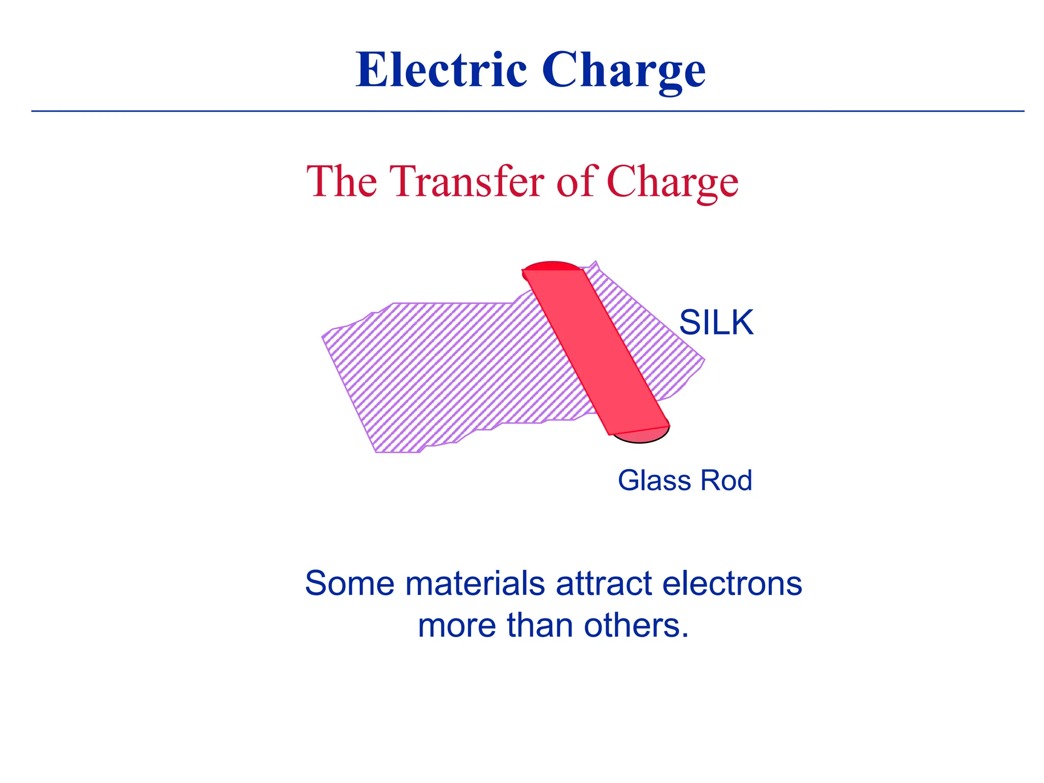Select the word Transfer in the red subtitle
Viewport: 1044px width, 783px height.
(x=467, y=182)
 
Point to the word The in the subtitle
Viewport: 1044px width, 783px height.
(x=342, y=182)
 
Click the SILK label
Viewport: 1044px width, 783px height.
(x=716, y=323)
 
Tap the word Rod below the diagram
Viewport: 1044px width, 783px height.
(x=726, y=480)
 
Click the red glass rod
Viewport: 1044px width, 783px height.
(x=596, y=352)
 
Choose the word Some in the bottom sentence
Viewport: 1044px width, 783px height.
(x=349, y=583)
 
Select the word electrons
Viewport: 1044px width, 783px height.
(x=732, y=583)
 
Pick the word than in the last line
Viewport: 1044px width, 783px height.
(x=539, y=625)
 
